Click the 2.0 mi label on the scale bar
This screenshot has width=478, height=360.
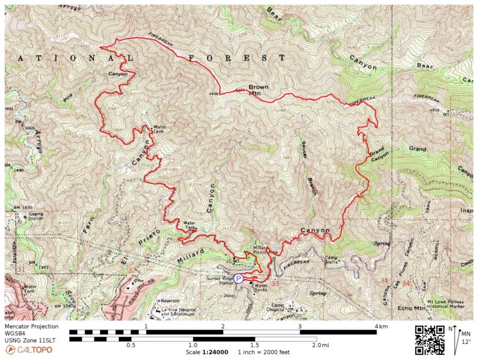pyautogui.click(x=321, y=344)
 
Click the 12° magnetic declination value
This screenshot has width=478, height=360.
pyautogui.click(x=466, y=341)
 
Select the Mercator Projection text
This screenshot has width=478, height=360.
pyautogui.click(x=31, y=326)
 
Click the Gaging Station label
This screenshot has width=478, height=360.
pyautogui.click(x=35, y=216)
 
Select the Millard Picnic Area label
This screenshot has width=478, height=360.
pyautogui.click(x=266, y=250)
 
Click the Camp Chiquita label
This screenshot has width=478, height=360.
pyautogui.click(x=283, y=307)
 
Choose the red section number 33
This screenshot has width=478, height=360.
pyautogui.click(x=274, y=283)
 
